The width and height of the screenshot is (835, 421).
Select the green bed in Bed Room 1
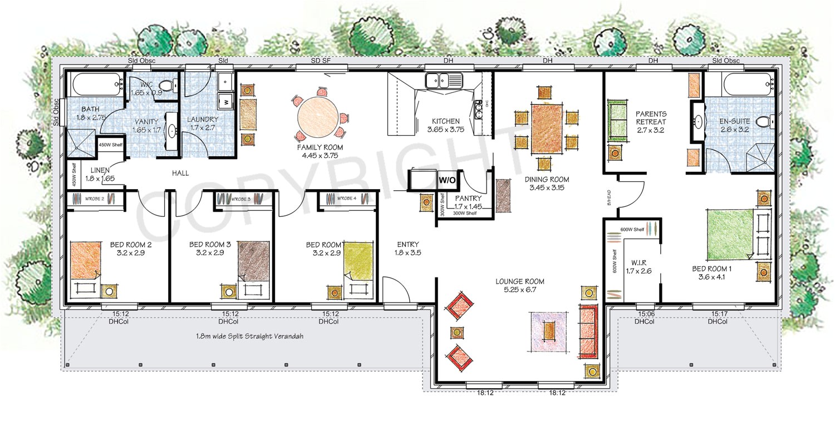tap(730, 234)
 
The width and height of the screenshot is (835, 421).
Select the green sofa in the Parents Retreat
tap(616, 120)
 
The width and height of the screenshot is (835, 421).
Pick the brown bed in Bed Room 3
tap(254, 260)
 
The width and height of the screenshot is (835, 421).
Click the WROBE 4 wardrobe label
tap(346, 198)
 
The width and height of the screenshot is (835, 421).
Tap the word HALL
tap(180, 174)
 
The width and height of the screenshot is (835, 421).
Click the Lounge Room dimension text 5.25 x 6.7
tap(519, 290)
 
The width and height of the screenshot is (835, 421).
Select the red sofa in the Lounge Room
tap(588, 331)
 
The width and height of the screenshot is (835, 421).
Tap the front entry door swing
tap(396, 292)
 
